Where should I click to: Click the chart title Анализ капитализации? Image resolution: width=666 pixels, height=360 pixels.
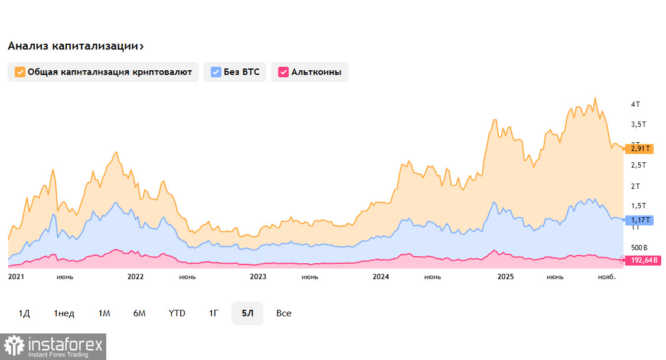[76, 46]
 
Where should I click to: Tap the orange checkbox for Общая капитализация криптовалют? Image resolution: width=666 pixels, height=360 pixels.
[20, 72]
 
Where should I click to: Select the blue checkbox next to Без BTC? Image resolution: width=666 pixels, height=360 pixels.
[216, 72]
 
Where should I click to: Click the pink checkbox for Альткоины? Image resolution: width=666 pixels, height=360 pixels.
[283, 72]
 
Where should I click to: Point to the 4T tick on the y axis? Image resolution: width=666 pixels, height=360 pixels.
[635, 104]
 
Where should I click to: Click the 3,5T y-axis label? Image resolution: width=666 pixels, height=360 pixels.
[638, 125]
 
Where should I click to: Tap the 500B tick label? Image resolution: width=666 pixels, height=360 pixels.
[639, 247]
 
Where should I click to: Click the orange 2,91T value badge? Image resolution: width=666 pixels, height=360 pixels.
[639, 149]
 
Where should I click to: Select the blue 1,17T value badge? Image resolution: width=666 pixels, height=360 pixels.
[639, 220]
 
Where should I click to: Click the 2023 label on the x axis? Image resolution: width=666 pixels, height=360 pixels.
[258, 276]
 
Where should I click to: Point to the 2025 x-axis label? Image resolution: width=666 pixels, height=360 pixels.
[506, 276]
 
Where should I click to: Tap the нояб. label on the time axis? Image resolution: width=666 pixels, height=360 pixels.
[606, 276]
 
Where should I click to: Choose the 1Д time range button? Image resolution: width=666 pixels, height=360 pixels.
[24, 313]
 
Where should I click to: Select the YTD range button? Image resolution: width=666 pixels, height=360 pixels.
[177, 313]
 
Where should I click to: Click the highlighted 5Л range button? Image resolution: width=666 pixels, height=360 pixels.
[248, 313]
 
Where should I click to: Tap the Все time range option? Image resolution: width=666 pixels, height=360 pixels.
[284, 313]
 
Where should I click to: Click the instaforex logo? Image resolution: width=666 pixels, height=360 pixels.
[53, 346]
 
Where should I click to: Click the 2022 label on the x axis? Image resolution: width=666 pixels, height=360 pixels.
[135, 276]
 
